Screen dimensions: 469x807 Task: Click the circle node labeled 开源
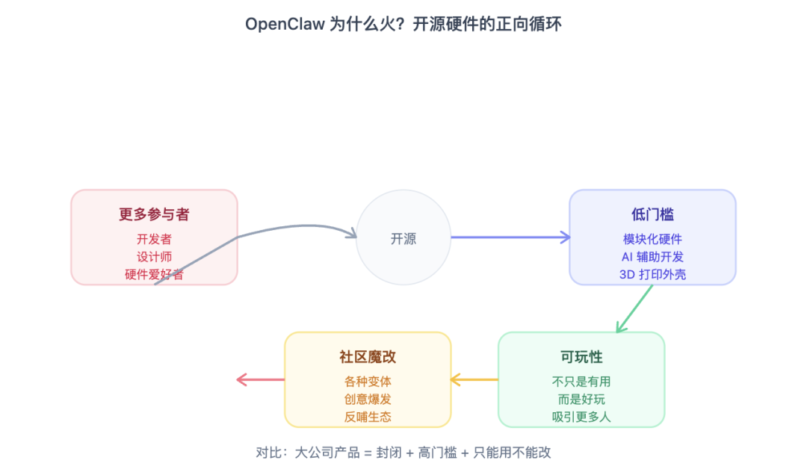pyautogui.click(x=403, y=237)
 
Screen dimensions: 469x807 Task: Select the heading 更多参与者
pyautogui.click(x=154, y=215)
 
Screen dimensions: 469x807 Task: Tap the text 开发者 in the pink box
pyautogui.click(x=154, y=239)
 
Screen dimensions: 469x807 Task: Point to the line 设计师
pyautogui.click(x=154, y=257)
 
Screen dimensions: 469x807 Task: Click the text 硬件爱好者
pyautogui.click(x=154, y=274)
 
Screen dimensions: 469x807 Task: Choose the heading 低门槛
pyautogui.click(x=652, y=215)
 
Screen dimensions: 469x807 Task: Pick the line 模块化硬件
pyautogui.click(x=652, y=239)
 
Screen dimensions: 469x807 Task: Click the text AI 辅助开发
pyautogui.click(x=652, y=257)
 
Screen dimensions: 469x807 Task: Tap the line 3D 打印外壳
pyautogui.click(x=652, y=274)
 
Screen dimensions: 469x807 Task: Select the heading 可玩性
pyautogui.click(x=581, y=357)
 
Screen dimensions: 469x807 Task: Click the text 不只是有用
pyautogui.click(x=581, y=382)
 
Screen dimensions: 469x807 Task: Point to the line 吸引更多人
pyautogui.click(x=581, y=417)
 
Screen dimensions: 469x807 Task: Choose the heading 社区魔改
pyautogui.click(x=368, y=357)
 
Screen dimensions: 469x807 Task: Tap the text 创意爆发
pyautogui.click(x=368, y=400)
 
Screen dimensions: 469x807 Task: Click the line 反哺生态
pyautogui.click(x=368, y=417)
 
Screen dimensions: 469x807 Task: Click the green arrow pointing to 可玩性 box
pyautogui.click(x=634, y=308)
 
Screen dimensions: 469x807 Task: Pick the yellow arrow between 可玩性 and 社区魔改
pyautogui.click(x=474, y=380)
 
